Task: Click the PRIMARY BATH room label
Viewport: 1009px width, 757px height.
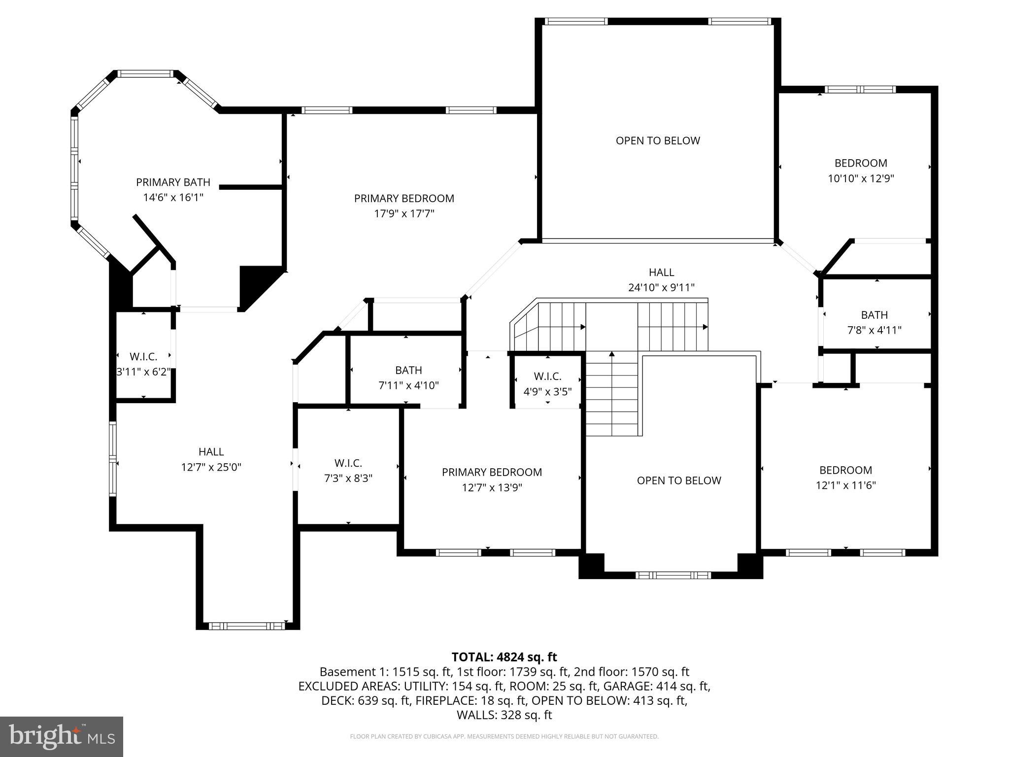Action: pos(173,182)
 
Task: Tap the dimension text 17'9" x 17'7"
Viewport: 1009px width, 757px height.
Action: pos(404,214)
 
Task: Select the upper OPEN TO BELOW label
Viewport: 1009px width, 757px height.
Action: pos(657,140)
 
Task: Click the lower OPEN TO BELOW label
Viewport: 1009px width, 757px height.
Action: pos(678,481)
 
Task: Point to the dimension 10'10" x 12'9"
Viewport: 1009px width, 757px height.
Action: pos(860,178)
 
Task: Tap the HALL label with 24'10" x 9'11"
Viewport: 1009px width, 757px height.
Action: pos(661,272)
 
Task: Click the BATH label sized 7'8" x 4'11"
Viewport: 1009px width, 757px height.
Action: pos(874,315)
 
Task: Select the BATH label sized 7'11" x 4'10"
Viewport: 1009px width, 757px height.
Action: pos(408,370)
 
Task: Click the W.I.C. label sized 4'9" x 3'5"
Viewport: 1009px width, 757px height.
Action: pos(547,377)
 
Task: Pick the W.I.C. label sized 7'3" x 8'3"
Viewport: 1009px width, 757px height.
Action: pos(348,463)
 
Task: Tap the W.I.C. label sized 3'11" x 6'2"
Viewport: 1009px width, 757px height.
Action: pos(143,356)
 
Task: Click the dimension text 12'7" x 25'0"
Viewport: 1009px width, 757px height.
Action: pos(211,467)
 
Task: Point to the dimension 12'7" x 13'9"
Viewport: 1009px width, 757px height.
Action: pos(492,488)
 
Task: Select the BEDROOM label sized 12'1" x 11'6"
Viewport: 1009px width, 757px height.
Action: pos(845,470)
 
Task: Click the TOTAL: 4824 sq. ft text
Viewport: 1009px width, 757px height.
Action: pos(504,657)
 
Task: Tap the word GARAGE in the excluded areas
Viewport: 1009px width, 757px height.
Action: pos(622,686)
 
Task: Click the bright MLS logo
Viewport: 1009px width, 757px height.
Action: pos(61,736)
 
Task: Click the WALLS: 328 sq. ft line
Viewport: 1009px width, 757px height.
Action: pos(504,715)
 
